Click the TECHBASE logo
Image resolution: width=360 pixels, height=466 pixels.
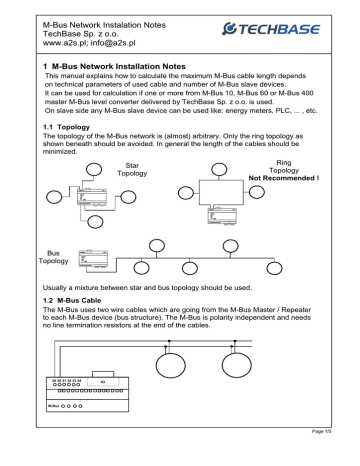[271, 29]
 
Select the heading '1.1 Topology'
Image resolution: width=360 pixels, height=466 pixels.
[66, 127]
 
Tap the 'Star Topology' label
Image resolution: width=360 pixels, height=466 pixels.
[132, 169]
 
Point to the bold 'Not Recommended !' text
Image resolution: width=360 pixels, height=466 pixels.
[284, 178]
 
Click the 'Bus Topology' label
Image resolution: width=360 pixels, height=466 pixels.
[53, 257]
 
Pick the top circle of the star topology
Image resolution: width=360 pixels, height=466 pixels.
[94, 169]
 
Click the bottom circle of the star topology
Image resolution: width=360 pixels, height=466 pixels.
[95, 222]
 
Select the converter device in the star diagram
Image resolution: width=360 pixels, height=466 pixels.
[92, 197]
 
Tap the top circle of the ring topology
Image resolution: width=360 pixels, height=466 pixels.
[219, 169]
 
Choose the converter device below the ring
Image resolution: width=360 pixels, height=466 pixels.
[222, 216]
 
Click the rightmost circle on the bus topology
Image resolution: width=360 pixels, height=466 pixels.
[274, 268]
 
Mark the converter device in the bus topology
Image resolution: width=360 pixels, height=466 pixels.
[93, 259]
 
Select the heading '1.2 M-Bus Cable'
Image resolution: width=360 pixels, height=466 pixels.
[72, 300]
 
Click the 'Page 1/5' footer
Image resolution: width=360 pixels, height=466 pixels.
[321, 431]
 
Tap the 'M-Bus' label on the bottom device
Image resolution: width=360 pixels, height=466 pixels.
[53, 406]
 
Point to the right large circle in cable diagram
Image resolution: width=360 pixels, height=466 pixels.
[237, 365]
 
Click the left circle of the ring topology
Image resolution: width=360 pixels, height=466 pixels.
[186, 193]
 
